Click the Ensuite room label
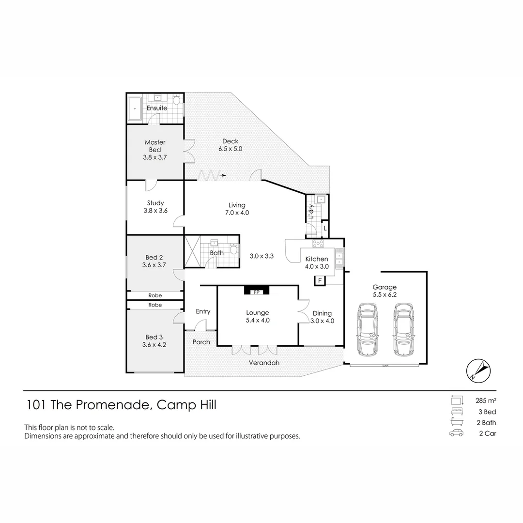[x=157, y=108]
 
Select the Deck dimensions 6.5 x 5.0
[x=230, y=149]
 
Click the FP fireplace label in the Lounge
[x=256, y=292]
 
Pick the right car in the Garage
[x=404, y=330]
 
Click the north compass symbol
[x=479, y=370]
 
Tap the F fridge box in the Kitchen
[x=320, y=280]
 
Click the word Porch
[x=201, y=342]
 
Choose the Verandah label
[x=264, y=363]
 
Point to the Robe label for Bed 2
[x=155, y=295]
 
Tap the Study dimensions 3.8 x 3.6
[x=155, y=211]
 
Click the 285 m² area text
[x=486, y=400]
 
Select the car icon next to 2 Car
[x=456, y=433]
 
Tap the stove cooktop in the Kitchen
[x=318, y=243]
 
